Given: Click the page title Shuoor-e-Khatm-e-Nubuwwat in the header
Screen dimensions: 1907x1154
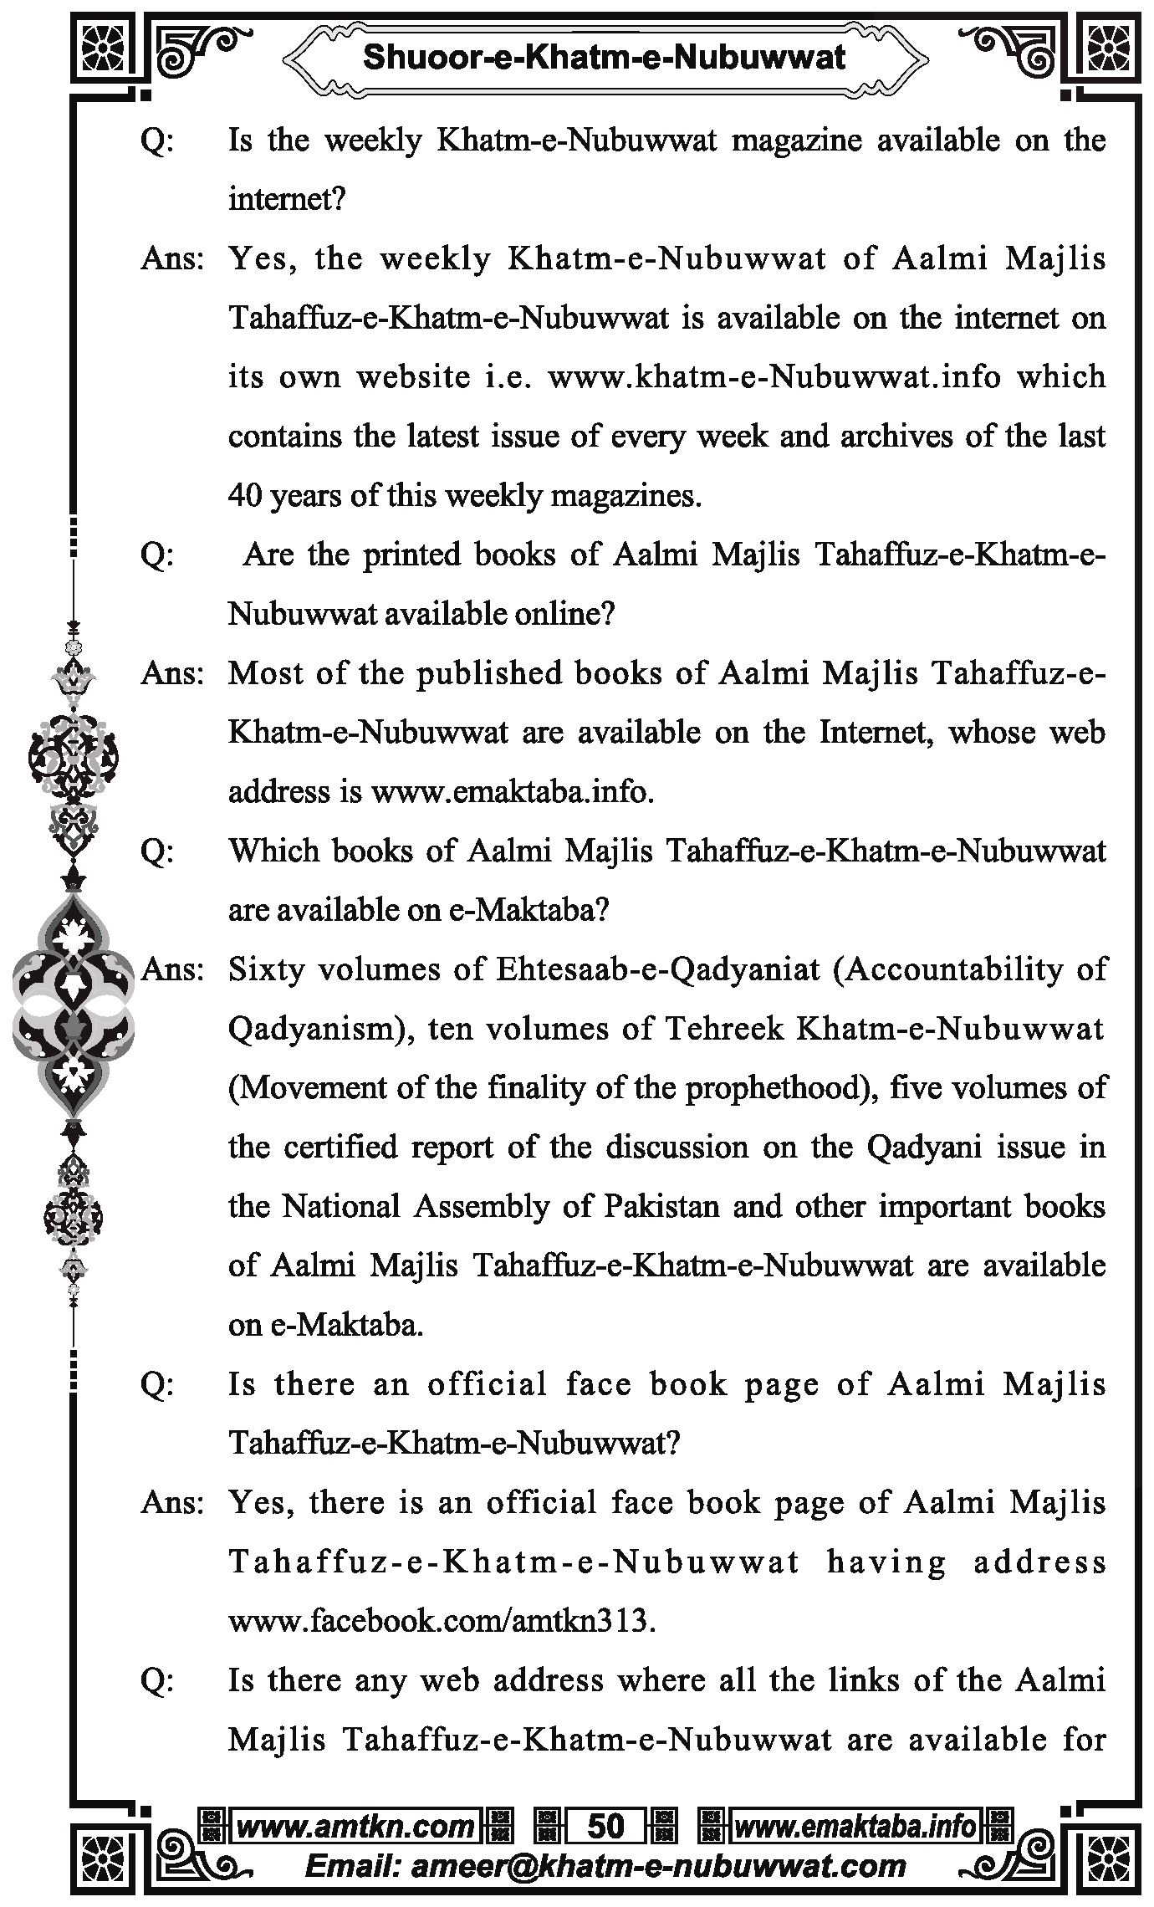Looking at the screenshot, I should pyautogui.click(x=604, y=57).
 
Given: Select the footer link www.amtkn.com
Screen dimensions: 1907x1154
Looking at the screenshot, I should pyautogui.click(x=355, y=1826).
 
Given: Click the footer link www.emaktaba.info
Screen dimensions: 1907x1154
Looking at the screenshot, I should pyautogui.click(x=855, y=1826).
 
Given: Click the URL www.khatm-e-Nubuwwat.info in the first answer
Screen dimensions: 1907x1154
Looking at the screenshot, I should pyautogui.click(x=774, y=377).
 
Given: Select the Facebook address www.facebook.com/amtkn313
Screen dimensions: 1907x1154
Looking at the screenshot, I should pyautogui.click(x=442, y=1621).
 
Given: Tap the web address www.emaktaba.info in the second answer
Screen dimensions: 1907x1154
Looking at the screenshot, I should pyautogui.click(x=512, y=791).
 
